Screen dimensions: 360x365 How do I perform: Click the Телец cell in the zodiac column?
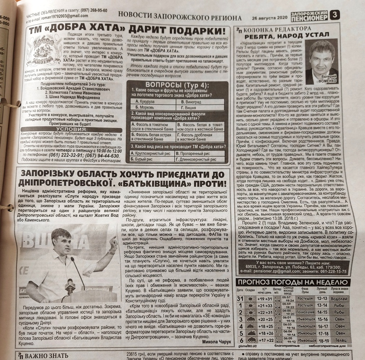pos(339,340)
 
